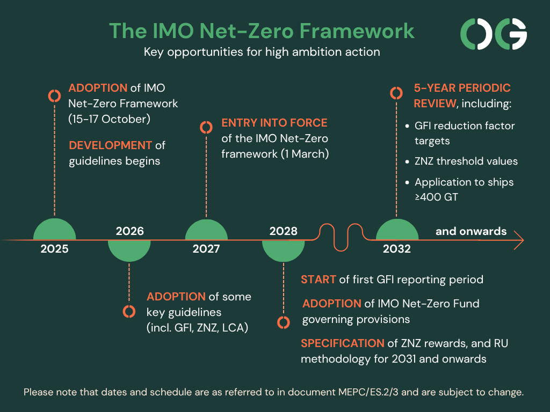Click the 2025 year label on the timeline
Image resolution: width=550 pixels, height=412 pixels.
(x=54, y=249)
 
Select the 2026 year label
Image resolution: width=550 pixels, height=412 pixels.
(x=130, y=231)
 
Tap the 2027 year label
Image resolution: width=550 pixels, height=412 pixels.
(x=206, y=249)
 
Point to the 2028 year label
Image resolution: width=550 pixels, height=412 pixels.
(x=284, y=231)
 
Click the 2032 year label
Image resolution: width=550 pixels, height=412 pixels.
(x=397, y=249)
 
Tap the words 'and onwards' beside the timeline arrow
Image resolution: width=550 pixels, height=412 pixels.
(x=471, y=231)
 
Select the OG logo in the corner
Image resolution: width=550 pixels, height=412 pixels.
(x=494, y=34)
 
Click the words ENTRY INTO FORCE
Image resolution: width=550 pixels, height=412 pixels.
(x=274, y=123)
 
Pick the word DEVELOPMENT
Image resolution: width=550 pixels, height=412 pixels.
(x=110, y=145)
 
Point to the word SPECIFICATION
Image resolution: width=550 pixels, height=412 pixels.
(x=342, y=343)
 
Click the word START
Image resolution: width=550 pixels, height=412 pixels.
(x=318, y=279)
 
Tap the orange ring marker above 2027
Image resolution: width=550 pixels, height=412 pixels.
(x=206, y=127)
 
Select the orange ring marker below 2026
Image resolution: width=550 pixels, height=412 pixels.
(x=129, y=311)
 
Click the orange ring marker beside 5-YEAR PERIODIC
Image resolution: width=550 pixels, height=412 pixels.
(x=396, y=93)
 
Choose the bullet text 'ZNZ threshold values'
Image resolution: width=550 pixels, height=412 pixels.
(x=466, y=161)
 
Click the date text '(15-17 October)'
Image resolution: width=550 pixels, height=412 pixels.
(x=109, y=119)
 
